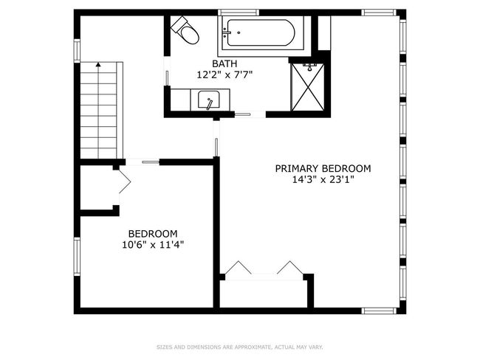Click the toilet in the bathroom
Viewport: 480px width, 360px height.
(185, 30)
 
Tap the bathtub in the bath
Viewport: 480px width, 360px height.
(261, 32)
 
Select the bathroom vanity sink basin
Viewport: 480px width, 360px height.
(208, 100)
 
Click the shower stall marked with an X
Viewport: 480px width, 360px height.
(307, 87)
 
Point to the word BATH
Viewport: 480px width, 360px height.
(224, 63)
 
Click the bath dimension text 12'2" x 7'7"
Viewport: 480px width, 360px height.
(224, 75)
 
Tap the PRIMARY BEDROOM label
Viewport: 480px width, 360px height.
(323, 168)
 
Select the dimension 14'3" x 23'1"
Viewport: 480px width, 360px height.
(323, 179)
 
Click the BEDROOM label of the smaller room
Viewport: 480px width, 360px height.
(153, 234)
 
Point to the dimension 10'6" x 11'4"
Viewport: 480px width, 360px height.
(153, 245)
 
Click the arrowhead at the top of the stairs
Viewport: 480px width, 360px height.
(98, 64)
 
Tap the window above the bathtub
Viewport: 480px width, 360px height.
(239, 13)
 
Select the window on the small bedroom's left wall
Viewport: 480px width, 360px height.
(77, 257)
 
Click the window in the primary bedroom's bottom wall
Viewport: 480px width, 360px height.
(379, 311)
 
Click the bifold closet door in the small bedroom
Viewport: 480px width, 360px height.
(125, 181)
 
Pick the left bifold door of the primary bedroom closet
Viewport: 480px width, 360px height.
(239, 267)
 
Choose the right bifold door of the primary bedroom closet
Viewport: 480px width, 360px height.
(290, 267)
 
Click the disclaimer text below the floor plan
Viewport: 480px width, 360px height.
(240, 347)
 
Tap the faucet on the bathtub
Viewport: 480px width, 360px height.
(227, 32)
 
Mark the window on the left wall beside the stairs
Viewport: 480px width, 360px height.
(77, 51)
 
